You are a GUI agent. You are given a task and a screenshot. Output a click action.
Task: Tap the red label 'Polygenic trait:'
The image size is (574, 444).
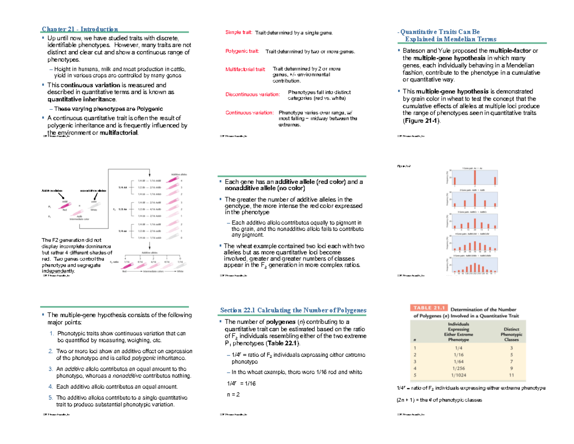(x=242, y=51)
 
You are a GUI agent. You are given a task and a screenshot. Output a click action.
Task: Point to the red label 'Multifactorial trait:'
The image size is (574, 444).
(x=245, y=69)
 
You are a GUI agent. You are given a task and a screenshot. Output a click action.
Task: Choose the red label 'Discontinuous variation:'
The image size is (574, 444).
(x=252, y=94)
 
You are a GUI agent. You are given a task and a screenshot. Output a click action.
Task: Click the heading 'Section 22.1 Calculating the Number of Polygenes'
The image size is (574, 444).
(x=293, y=310)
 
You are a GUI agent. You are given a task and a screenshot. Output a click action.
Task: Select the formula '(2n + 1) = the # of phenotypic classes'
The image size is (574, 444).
(x=440, y=399)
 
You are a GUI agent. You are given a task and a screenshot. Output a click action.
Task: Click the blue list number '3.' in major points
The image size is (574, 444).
(x=52, y=369)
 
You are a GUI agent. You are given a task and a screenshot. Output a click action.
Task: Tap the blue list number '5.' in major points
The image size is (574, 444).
(x=52, y=398)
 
